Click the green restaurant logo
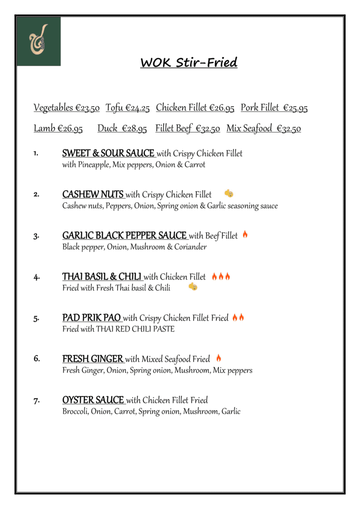[39, 41]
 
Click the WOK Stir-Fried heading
[188, 63]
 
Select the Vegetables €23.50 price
[67, 108]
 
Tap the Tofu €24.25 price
[127, 108]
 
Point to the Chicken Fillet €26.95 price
[195, 108]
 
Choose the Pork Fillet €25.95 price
[274, 108]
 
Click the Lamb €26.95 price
[58, 128]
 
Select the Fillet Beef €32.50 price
[187, 128]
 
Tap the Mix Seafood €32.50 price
[263, 128]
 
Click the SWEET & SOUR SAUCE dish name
[109, 153]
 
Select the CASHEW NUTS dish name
[93, 194]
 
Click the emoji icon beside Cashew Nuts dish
[229, 193]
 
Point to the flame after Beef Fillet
[245, 234]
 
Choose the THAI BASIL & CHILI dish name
[102, 277]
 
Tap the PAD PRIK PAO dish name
[92, 318]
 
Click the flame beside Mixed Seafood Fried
[218, 358]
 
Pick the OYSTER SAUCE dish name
[93, 400]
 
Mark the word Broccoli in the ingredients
[75, 412]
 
